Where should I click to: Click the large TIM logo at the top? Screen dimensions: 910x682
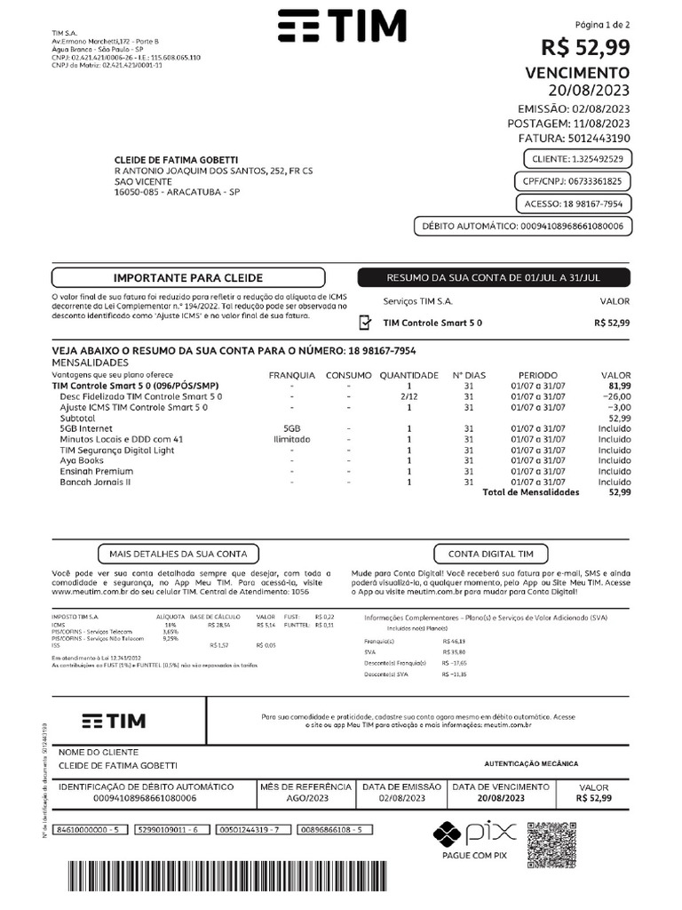point(343,28)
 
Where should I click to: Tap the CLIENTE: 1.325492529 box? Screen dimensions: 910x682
point(577,159)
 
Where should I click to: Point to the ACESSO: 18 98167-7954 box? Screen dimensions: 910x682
point(575,204)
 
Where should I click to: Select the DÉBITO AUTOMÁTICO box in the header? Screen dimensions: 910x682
point(522,227)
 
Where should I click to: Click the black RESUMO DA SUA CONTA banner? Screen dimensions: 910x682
point(494,278)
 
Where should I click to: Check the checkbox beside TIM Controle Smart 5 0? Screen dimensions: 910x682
point(365,323)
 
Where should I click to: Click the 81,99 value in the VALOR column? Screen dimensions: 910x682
point(619,386)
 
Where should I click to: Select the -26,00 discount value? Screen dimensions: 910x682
point(615,396)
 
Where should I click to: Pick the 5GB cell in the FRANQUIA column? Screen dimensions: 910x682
point(291,428)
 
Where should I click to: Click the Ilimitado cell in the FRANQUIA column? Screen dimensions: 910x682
point(291,439)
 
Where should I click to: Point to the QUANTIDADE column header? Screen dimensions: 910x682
point(408,375)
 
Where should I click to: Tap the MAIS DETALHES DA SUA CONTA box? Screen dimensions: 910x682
point(178,553)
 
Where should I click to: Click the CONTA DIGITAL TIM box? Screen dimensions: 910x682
point(491,553)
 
